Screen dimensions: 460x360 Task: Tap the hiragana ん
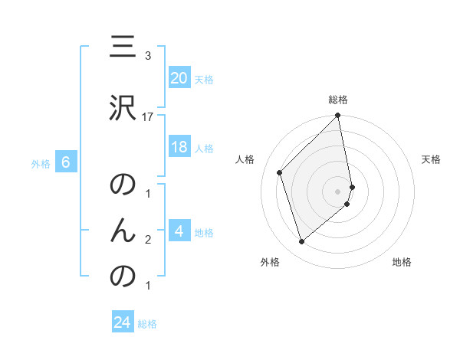click(123, 229)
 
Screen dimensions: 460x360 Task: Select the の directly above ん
click(123, 186)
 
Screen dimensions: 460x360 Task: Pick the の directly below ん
click(123, 276)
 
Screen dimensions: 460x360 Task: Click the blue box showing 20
click(179, 78)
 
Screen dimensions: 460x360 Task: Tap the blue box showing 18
click(179, 147)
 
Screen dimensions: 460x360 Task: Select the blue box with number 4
click(179, 231)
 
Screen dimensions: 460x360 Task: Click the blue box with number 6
click(66, 162)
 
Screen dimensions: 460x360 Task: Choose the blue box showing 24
click(123, 322)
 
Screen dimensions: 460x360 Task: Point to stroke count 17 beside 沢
click(148, 116)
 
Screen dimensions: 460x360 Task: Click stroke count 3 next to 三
click(148, 56)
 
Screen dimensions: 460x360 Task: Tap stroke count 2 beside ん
click(148, 240)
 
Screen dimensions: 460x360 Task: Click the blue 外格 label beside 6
click(41, 163)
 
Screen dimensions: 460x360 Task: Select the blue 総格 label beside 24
click(147, 323)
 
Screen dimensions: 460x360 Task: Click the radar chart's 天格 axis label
click(431, 159)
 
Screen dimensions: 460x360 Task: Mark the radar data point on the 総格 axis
click(338, 116)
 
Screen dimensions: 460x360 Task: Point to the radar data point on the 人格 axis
click(280, 172)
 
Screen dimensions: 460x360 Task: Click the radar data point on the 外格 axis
click(301, 242)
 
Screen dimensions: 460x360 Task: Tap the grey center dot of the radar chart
click(338, 191)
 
